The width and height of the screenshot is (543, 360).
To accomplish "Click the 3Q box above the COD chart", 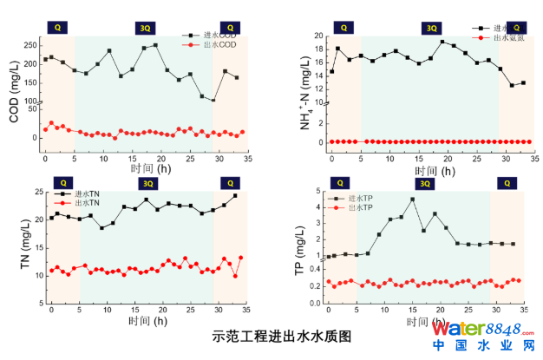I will click(146, 28).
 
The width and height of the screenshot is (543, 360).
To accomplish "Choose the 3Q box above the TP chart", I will click(423, 183).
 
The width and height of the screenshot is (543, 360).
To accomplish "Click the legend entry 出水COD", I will click(219, 44).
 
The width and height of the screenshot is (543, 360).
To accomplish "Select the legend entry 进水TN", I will click(88, 193).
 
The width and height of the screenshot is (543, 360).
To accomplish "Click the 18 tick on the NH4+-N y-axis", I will click(318, 49).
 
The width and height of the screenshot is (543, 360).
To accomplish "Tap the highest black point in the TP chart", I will click(412, 199).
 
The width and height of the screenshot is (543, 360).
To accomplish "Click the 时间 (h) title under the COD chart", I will click(143, 168).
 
